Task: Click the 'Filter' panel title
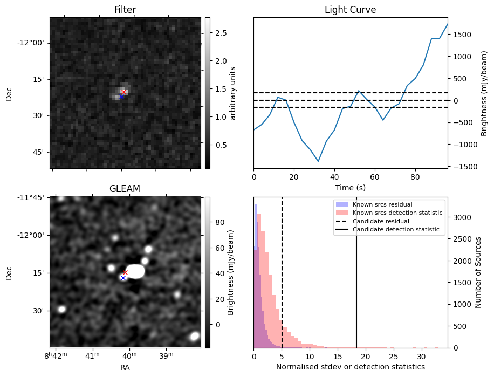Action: (125, 10)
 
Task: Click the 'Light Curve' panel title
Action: (350, 10)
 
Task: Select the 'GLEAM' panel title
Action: (125, 189)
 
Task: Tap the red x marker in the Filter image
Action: (123, 92)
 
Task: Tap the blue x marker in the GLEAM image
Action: (123, 278)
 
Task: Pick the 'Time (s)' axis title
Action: (350, 187)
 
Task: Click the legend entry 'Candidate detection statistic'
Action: (396, 230)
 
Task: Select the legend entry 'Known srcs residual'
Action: (382, 204)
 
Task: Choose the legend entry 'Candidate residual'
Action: (381, 222)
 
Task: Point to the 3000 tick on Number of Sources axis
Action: (462, 217)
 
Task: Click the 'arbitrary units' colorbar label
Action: (233, 93)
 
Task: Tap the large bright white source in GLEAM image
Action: (135, 271)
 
